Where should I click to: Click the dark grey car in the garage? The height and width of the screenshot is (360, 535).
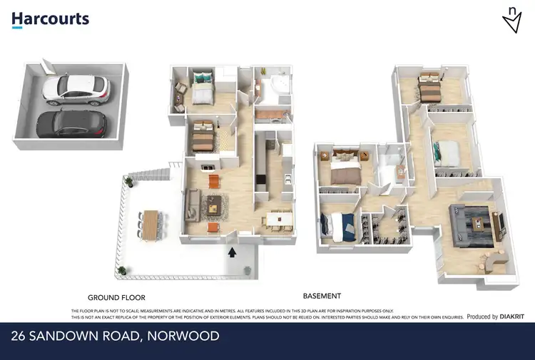point(71,124)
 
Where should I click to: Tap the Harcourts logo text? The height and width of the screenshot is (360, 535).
point(50,19)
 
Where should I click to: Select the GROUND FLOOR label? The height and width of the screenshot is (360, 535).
point(116,297)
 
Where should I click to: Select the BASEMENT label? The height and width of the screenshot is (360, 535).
point(322,296)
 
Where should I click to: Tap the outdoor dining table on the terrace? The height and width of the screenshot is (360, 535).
point(150,225)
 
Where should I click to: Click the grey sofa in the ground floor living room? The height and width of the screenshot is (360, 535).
point(192,205)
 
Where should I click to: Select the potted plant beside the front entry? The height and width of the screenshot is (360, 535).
point(247,270)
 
